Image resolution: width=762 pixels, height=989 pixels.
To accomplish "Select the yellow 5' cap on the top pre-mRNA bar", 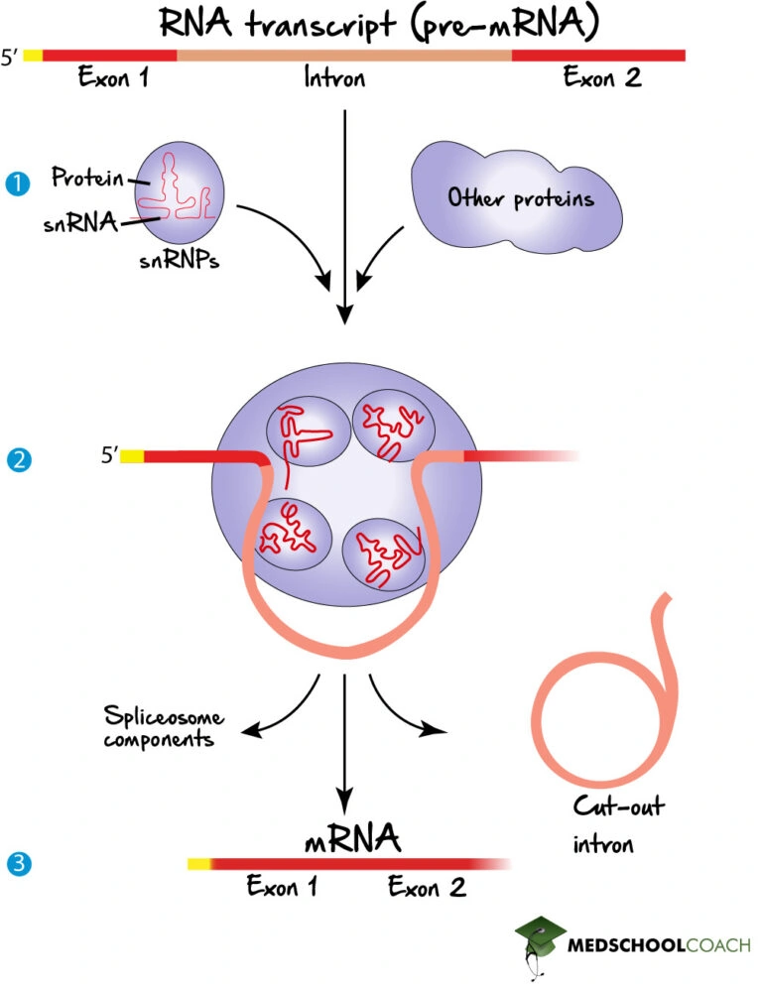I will [x=33, y=55].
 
